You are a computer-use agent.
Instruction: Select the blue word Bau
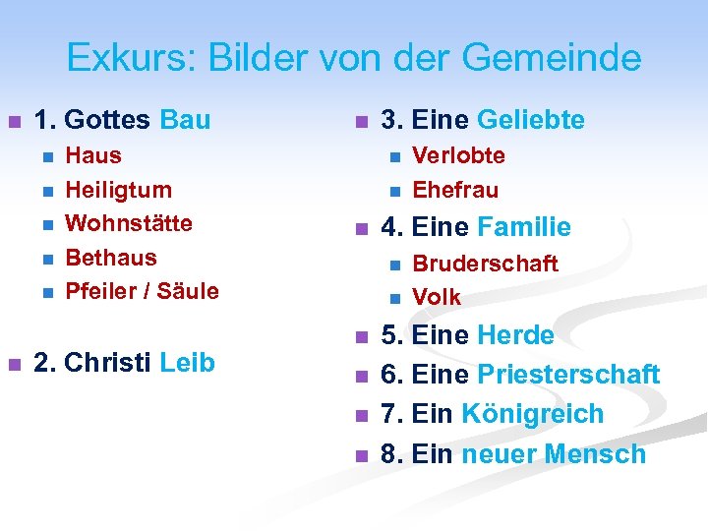(x=184, y=121)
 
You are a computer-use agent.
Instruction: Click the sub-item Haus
(x=93, y=155)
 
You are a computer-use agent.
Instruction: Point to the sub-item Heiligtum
(x=118, y=190)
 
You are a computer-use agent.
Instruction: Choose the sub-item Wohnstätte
(x=129, y=223)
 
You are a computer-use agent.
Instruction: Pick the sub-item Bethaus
(x=111, y=258)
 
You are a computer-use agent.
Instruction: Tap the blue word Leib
(x=187, y=363)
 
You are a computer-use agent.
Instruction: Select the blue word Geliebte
(x=531, y=121)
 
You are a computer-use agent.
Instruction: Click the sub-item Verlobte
(x=459, y=155)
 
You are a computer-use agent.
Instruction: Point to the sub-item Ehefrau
(x=455, y=190)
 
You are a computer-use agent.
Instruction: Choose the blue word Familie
(x=524, y=228)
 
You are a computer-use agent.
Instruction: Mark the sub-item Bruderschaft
(x=485, y=264)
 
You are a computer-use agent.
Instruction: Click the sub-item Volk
(x=437, y=297)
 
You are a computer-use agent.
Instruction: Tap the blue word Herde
(x=515, y=335)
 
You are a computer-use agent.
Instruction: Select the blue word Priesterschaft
(x=567, y=375)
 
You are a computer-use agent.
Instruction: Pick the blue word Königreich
(x=532, y=414)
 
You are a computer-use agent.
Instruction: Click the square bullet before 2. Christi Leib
(x=14, y=364)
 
